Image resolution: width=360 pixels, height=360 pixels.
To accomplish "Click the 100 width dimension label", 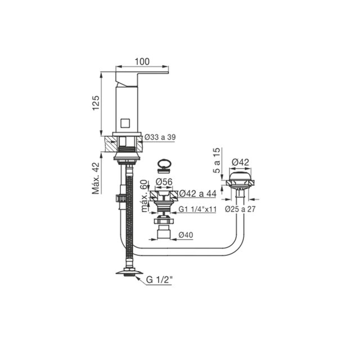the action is point(142,61).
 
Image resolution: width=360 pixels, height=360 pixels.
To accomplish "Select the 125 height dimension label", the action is point(96,102).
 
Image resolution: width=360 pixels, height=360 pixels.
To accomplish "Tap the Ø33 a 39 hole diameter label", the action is point(160,137).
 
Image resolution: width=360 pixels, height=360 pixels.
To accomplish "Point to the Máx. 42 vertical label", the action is point(96,178).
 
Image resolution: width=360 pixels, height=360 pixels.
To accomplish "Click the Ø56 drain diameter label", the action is point(164,182).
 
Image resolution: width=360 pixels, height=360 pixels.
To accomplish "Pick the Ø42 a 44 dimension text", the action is point(197,193).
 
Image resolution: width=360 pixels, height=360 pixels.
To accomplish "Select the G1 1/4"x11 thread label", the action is point(197,209).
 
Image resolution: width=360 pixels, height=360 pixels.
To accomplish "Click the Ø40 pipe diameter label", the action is point(186,235).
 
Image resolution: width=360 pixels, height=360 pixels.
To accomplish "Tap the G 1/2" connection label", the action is point(159,280).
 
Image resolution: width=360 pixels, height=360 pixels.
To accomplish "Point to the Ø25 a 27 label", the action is point(240,209).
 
